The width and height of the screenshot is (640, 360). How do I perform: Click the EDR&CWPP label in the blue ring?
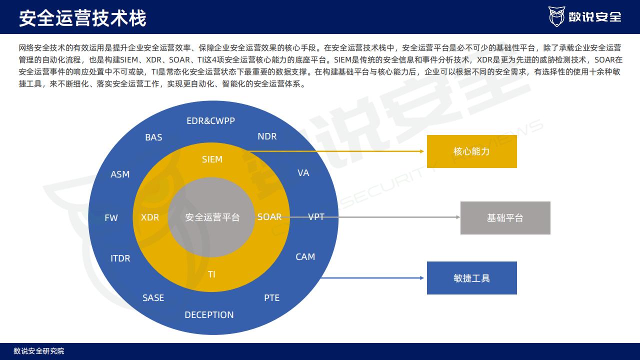[x=210, y=121]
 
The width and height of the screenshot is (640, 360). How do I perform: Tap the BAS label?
[x=153, y=137]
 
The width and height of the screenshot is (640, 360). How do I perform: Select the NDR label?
[x=267, y=136]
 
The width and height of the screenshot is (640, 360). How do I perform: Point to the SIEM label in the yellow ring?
[x=212, y=159]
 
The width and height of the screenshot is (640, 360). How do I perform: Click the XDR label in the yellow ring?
[x=149, y=217]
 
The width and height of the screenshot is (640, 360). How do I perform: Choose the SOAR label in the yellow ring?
[x=269, y=217]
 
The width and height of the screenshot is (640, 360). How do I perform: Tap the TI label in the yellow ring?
[x=211, y=274]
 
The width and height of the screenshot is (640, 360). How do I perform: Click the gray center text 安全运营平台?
[x=212, y=217]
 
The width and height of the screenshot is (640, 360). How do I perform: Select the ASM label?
[x=120, y=174]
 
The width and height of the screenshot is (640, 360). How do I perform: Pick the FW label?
[x=111, y=218]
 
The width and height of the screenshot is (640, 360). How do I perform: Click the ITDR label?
[x=120, y=258]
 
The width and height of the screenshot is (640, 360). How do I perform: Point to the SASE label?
[x=153, y=298]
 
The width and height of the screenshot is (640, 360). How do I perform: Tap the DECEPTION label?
[x=209, y=315]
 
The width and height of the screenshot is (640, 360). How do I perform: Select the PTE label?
[x=271, y=298]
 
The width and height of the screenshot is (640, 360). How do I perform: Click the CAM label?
[x=305, y=257]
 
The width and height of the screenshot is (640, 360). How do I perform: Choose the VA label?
[x=303, y=173]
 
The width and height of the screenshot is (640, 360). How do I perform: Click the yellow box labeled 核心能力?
[x=471, y=151]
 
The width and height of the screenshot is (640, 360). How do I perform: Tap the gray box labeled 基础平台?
[x=505, y=218]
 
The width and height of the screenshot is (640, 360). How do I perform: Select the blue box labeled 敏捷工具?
[x=471, y=278]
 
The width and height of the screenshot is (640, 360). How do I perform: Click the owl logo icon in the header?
[x=556, y=16]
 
